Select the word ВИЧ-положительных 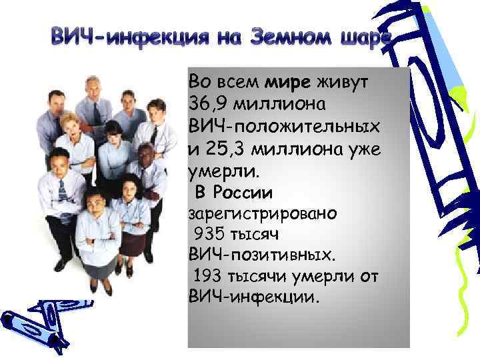pos(285,126)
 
